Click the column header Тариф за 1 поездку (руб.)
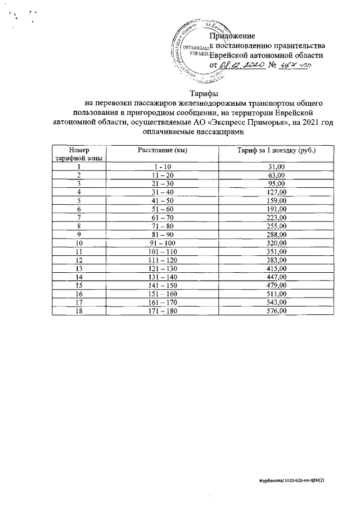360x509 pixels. click(x=276, y=151)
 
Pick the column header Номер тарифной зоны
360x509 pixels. click(x=79, y=155)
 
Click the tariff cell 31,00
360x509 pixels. click(x=276, y=167)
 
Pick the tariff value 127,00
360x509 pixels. click(x=276, y=192)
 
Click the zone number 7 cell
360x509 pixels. click(x=79, y=217)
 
